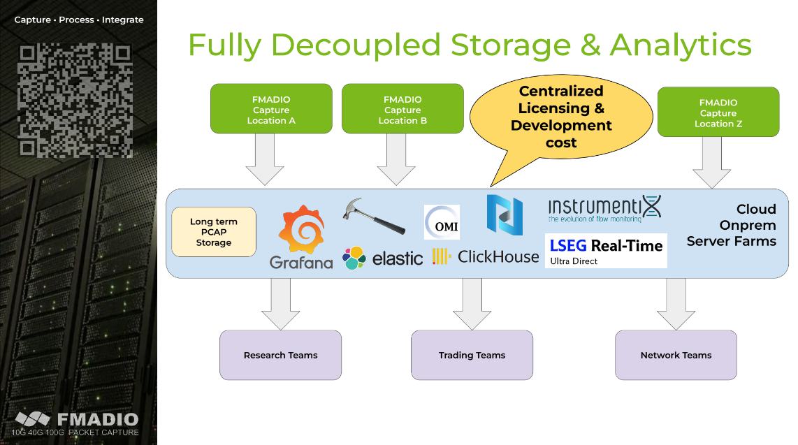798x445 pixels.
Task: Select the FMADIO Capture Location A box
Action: [271, 109]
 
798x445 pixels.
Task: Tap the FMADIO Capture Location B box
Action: [402, 109]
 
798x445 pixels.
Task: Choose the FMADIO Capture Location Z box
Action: [718, 112]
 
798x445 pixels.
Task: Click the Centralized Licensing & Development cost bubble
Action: [560, 116]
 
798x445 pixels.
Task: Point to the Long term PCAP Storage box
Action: [214, 232]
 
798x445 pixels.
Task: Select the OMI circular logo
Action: [442, 222]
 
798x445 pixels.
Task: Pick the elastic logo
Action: [383, 258]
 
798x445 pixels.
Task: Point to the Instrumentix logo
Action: [604, 208]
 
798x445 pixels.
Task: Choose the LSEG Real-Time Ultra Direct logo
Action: [606, 251]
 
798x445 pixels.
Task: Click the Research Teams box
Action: [281, 355]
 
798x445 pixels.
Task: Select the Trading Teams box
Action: [472, 355]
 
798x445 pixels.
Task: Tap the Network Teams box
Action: [676, 355]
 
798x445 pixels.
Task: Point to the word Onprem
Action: [748, 225]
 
